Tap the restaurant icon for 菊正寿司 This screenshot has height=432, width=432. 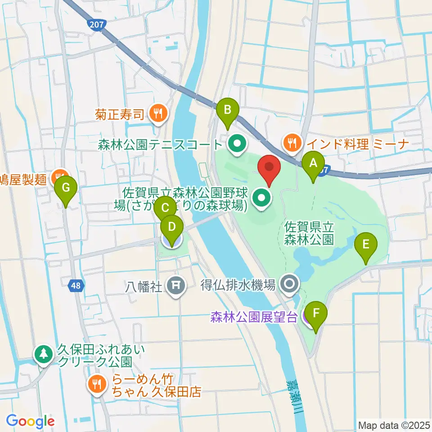point(157,114)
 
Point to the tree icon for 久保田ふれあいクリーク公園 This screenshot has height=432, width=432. point(44,354)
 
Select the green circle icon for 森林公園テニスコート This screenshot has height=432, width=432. point(236,144)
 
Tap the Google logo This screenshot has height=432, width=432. point(31,421)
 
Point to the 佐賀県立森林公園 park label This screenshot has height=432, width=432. point(309,232)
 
